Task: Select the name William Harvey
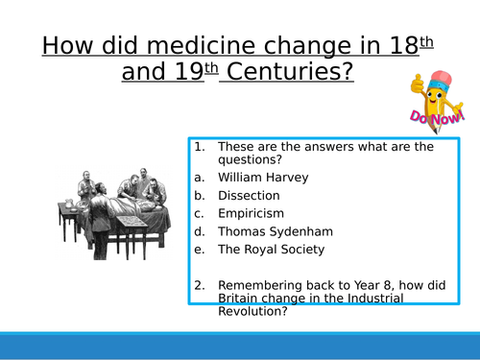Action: pyautogui.click(x=259, y=178)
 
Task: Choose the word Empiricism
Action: pyautogui.click(x=252, y=213)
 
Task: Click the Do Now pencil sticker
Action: pyautogui.click(x=432, y=101)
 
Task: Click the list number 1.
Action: pyautogui.click(x=199, y=147)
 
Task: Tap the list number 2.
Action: pyautogui.click(x=199, y=285)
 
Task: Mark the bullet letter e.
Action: pyautogui.click(x=198, y=250)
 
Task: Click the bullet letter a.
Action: pyautogui.click(x=198, y=178)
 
